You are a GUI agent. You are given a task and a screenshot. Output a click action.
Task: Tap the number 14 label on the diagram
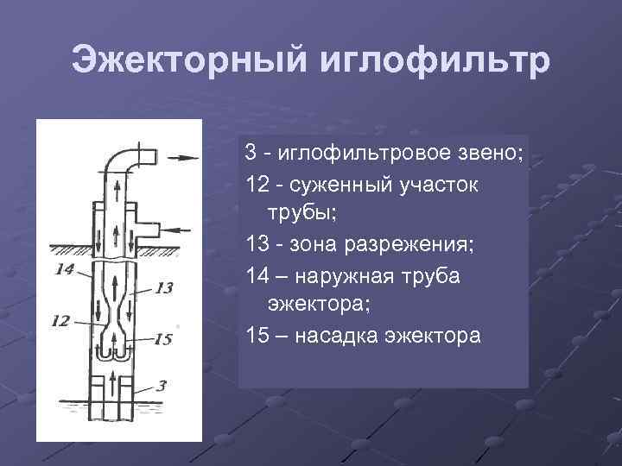click(x=64, y=269)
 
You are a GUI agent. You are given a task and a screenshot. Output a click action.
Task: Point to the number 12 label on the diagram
click(x=60, y=321)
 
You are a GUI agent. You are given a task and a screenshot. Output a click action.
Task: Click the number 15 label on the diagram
click(x=162, y=339)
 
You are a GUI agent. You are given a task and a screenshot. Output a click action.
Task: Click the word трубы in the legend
click(x=294, y=214)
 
